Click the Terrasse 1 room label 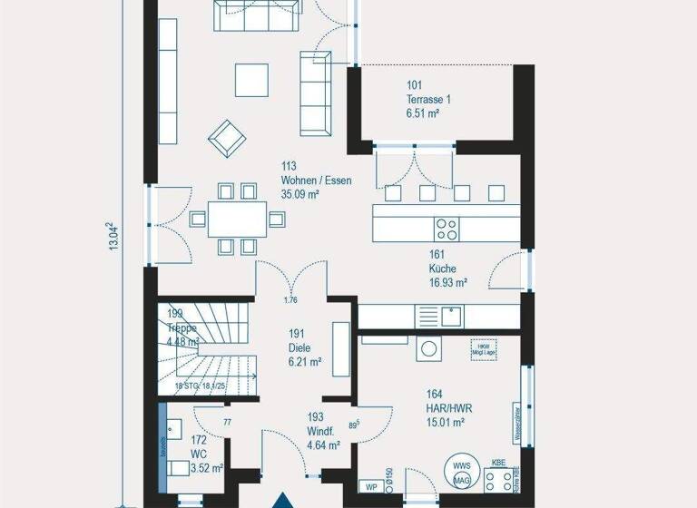[x=429, y=99]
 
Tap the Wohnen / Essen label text [x=316, y=181]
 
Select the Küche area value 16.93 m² [x=448, y=283]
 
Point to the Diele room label [x=299, y=347]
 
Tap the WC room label [x=200, y=454]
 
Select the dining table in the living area [x=237, y=219]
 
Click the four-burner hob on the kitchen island [x=447, y=227]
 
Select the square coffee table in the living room [x=252, y=80]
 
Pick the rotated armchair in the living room [x=227, y=139]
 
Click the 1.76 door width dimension [x=291, y=300]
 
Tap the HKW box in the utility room [x=482, y=349]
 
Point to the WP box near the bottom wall [x=370, y=486]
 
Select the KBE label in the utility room [x=498, y=463]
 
